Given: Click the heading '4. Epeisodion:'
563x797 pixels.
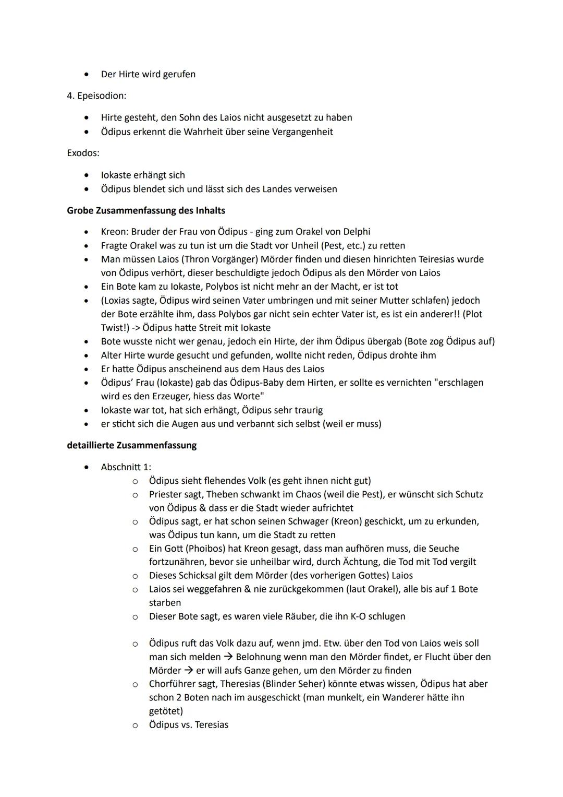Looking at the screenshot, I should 96,96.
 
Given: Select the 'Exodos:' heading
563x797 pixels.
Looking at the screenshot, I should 83,153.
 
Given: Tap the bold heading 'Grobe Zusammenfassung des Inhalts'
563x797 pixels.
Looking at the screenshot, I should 146,211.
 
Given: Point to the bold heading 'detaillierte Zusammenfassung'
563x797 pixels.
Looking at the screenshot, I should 131,446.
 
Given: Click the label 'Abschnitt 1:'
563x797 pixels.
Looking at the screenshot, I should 126,467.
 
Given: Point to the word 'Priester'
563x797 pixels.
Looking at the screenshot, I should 165,494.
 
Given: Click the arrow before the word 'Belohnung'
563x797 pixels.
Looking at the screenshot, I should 228,657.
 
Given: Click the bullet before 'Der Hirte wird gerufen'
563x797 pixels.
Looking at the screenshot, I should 87,75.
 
